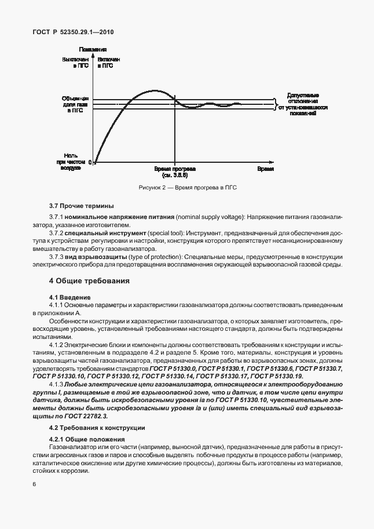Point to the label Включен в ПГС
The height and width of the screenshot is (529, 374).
[109, 63]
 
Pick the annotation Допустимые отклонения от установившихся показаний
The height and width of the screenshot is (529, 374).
[303, 104]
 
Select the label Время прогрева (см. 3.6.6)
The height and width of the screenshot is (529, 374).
[175, 171]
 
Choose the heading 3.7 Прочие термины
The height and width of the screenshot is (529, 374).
[81, 206]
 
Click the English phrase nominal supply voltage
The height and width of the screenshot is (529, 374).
[208, 216]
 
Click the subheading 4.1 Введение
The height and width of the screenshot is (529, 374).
[67, 297]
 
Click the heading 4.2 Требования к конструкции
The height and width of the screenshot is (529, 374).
[97, 428]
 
